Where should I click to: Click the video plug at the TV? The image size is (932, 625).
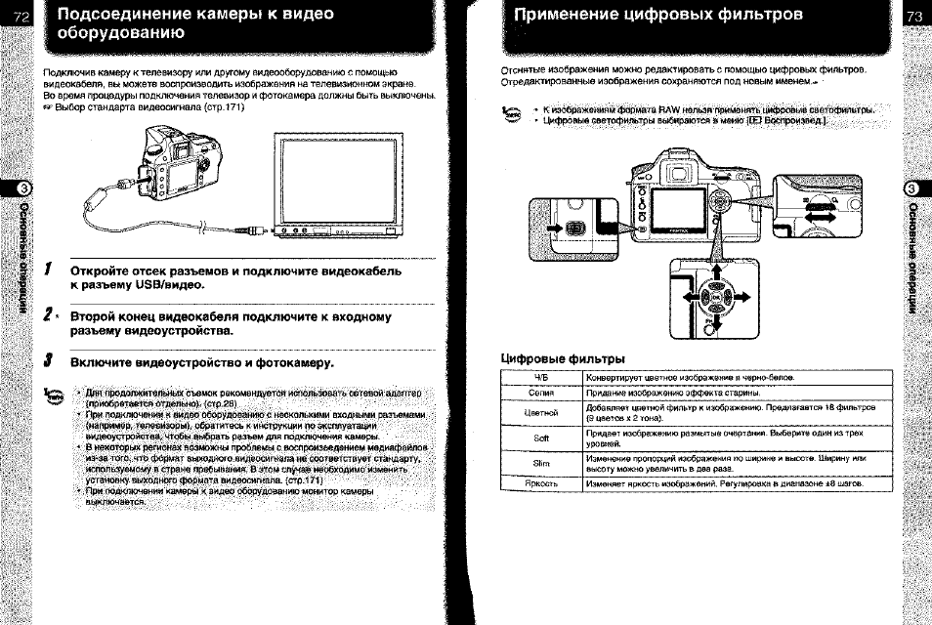click(x=256, y=231)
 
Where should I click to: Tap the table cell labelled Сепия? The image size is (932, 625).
click(x=541, y=392)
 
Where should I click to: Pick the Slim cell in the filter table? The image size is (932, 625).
click(x=541, y=463)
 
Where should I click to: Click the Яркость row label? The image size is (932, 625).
click(x=541, y=483)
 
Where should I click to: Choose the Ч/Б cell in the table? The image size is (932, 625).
click(x=541, y=377)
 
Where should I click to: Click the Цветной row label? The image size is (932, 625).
click(x=541, y=412)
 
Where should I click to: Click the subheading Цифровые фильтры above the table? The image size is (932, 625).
click(x=549, y=358)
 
